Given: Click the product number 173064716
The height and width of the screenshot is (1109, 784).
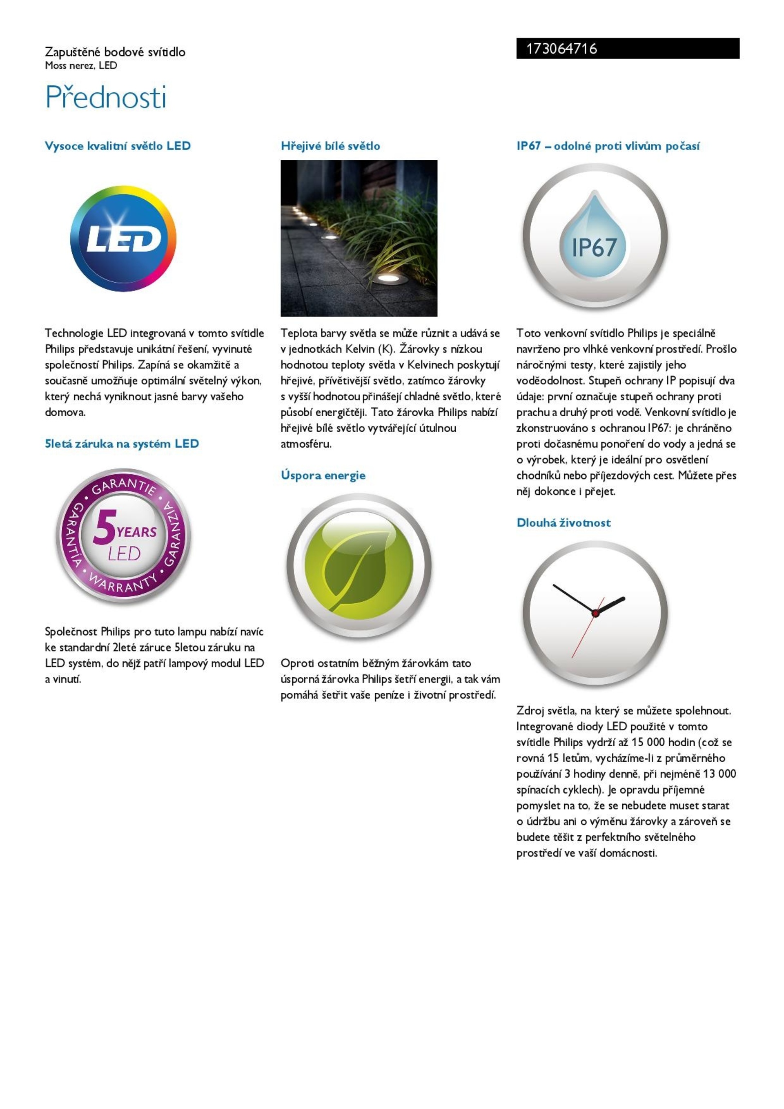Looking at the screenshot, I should pyautogui.click(x=561, y=49).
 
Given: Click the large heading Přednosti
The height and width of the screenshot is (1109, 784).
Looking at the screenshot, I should pyautogui.click(x=106, y=98).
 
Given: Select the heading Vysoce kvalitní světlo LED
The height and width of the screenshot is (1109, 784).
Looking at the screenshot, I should pyautogui.click(x=117, y=146).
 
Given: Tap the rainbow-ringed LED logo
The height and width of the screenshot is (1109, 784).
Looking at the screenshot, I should pyautogui.click(x=123, y=239).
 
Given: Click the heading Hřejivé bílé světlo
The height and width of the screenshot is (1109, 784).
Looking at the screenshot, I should pyautogui.click(x=330, y=146).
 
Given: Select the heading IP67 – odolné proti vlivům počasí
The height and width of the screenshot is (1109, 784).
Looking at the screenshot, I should pyautogui.click(x=608, y=146).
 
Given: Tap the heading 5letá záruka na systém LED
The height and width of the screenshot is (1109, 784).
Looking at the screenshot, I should pyautogui.click(x=122, y=444).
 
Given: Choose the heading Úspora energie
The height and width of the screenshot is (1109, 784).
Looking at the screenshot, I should pyautogui.click(x=323, y=475).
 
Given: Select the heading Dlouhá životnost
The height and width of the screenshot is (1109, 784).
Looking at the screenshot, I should pyautogui.click(x=563, y=522).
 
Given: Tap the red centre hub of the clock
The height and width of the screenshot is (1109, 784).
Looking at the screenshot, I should pyautogui.click(x=595, y=614).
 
